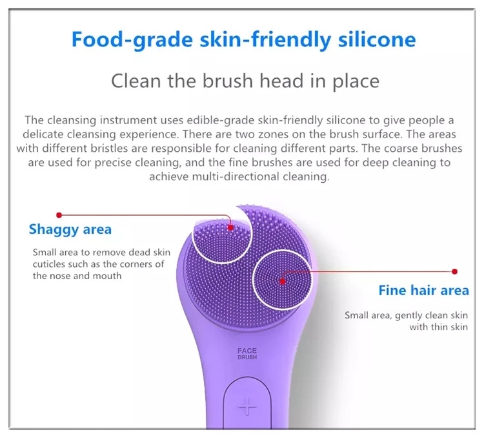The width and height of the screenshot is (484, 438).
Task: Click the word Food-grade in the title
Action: pyautogui.click(x=132, y=40)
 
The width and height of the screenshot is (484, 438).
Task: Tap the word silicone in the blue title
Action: pyautogui.click(x=377, y=39)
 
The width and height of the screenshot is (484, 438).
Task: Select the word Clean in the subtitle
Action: pyautogui.click(x=136, y=81)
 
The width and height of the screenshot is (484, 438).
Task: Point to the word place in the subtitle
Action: pyautogui.click(x=356, y=81)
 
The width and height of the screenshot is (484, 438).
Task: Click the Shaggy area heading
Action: pyautogui.click(x=70, y=230)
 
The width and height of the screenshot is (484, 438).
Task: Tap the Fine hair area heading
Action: pyautogui.click(x=423, y=290)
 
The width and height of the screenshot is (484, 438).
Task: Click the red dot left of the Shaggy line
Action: pyautogui.click(x=59, y=215)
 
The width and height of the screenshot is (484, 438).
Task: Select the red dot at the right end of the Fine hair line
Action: pyautogui.click(x=454, y=271)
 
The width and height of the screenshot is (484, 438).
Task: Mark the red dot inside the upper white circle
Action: pyautogui.click(x=230, y=227)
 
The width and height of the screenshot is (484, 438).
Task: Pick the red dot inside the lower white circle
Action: pyautogui.click(x=283, y=281)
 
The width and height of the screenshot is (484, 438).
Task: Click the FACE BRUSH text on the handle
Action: pyautogui.click(x=247, y=354)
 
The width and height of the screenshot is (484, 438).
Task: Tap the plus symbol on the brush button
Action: pyautogui.click(x=248, y=406)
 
